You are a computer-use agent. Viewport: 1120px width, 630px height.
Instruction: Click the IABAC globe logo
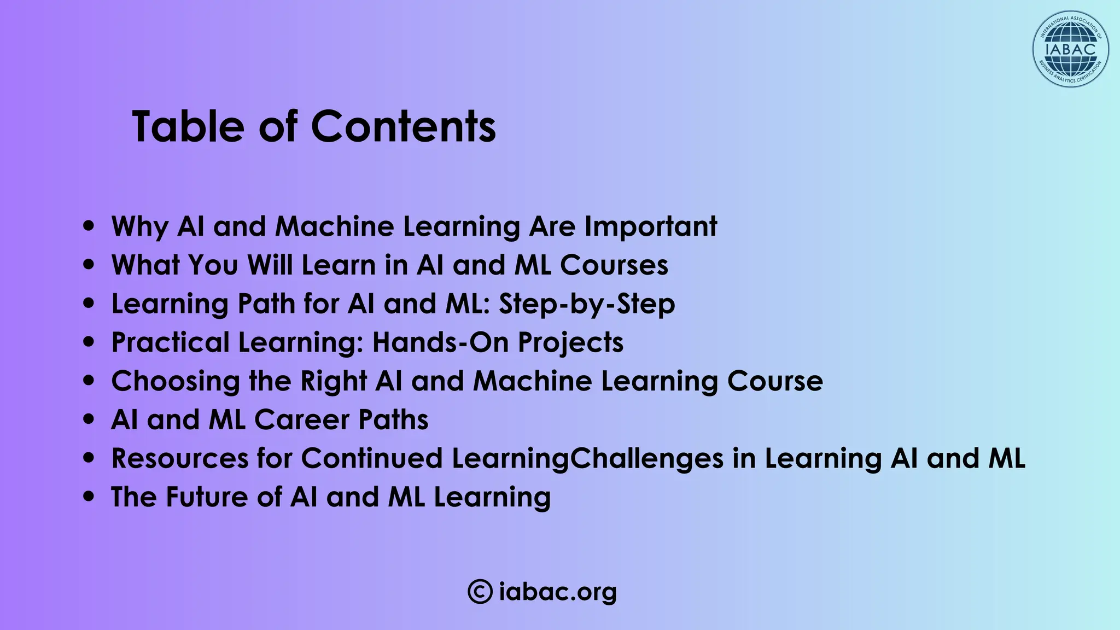pos(1070,49)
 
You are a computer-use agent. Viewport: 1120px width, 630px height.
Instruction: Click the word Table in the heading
pos(188,127)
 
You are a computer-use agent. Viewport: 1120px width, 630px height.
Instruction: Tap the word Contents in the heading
pos(403,127)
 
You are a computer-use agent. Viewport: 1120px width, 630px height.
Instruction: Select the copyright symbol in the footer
pos(480,592)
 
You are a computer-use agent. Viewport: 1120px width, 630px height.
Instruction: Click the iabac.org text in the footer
pos(558,592)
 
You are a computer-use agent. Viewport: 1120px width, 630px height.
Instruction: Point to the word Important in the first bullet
pos(651,226)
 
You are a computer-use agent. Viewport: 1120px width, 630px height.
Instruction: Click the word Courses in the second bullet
pos(614,265)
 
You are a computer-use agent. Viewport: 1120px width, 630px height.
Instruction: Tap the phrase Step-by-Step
pos(587,304)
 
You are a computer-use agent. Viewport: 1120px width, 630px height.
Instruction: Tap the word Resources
pos(180,459)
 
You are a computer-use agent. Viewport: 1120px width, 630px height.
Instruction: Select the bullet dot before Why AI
pos(89,226)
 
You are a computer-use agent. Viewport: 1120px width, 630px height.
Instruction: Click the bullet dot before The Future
pos(89,497)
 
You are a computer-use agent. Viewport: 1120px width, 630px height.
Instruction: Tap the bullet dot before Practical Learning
pos(89,343)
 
